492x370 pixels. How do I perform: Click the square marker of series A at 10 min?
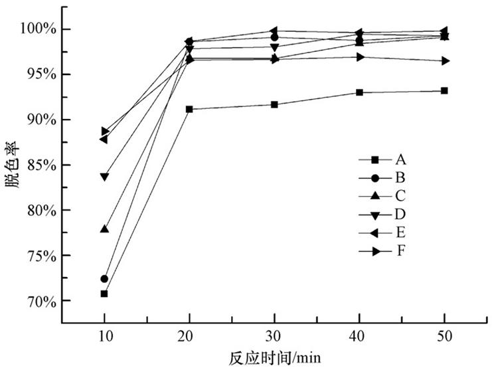click(x=104, y=294)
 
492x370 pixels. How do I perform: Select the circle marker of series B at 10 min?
click(x=104, y=278)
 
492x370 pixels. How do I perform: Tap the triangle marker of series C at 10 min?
click(x=104, y=229)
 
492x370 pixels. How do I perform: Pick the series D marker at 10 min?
click(x=104, y=177)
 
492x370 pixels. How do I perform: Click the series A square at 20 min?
click(x=189, y=109)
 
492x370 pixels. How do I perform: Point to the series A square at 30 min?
click(x=274, y=104)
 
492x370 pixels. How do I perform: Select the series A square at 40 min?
click(x=359, y=92)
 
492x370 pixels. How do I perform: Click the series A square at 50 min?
click(x=444, y=90)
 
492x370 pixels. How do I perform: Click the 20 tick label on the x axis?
click(x=189, y=337)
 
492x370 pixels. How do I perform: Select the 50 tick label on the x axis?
click(x=444, y=337)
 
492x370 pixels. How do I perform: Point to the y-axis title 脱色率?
click(x=13, y=165)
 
